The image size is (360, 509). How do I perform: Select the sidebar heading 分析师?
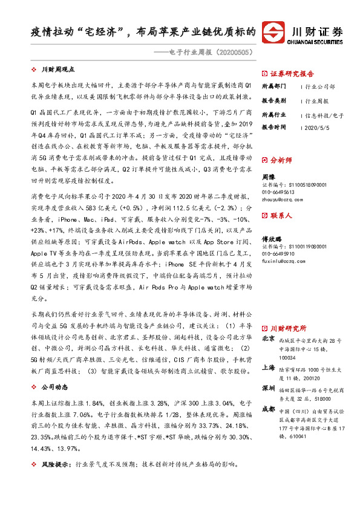[281, 161]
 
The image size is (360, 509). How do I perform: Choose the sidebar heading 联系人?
[281, 215]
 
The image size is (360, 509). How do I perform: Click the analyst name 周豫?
[268, 178]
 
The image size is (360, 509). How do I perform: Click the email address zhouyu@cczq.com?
[279, 199]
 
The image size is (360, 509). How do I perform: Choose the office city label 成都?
[268, 409]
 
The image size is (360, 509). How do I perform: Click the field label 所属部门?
[274, 87]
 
